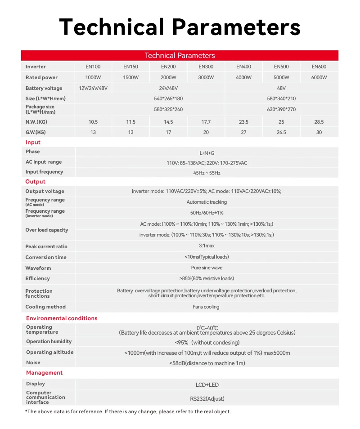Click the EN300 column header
[206, 67]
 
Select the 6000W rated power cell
[319, 78]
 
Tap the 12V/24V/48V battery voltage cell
[93, 89]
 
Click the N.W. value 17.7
[206, 122]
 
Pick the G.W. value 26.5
[281, 133]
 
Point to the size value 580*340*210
[281, 98]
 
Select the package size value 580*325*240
[168, 109]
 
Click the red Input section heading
[33, 143]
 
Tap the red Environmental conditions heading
[62, 318]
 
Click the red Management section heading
[44, 373]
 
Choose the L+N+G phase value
[207, 153]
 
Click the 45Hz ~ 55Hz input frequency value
[207, 173]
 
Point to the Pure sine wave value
[207, 268]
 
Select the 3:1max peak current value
[207, 246]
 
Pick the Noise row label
[33, 362]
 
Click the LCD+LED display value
[207, 385]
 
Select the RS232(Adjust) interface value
[207, 398]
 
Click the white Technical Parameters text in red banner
[180, 56]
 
